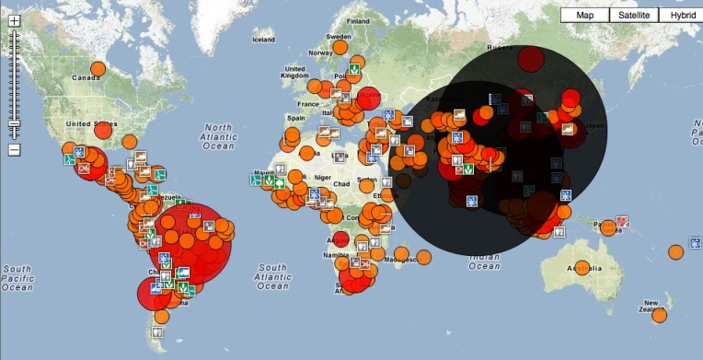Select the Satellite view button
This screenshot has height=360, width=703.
click(x=634, y=15)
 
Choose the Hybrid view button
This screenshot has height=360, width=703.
click(x=683, y=15)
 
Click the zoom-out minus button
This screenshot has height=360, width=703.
click(x=14, y=150)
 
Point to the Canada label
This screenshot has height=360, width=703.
click(x=86, y=77)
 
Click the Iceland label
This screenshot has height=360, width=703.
click(x=263, y=40)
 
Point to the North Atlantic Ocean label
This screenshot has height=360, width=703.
click(x=220, y=136)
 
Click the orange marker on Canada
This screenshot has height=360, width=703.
click(x=98, y=67)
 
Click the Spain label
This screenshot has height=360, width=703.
click(x=296, y=119)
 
